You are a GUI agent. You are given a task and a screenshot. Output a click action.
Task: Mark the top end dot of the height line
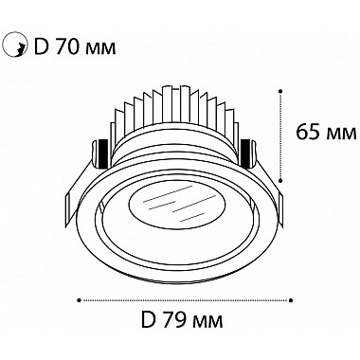pyautogui.click(x=281, y=91)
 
